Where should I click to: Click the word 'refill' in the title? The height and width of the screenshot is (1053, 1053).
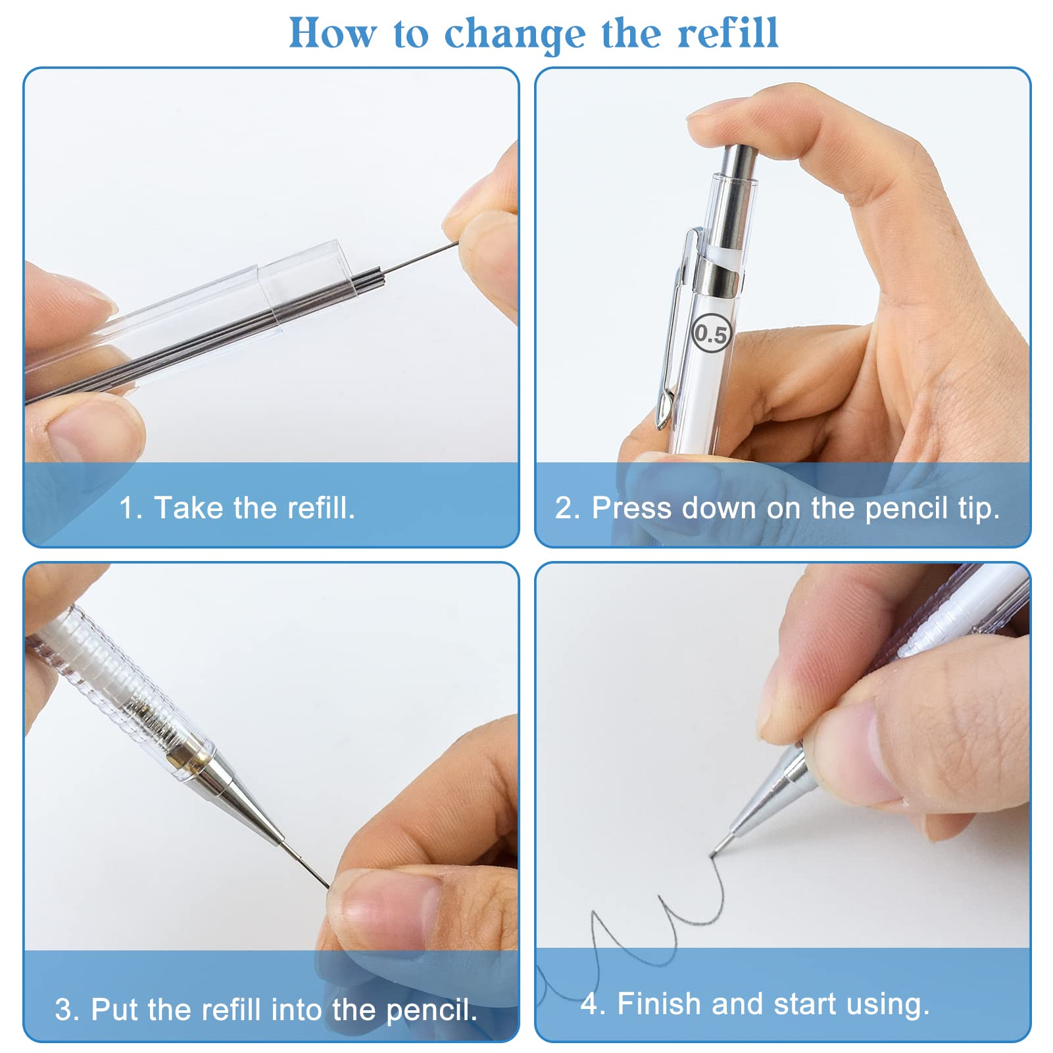click(728, 33)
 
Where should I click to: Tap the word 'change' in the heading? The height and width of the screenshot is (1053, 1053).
click(514, 34)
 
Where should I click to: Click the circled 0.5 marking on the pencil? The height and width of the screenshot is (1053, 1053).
click(712, 333)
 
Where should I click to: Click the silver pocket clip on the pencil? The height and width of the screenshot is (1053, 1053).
click(676, 329)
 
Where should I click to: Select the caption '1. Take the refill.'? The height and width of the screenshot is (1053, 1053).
click(237, 508)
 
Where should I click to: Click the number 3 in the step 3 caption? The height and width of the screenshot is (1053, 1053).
click(64, 1010)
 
